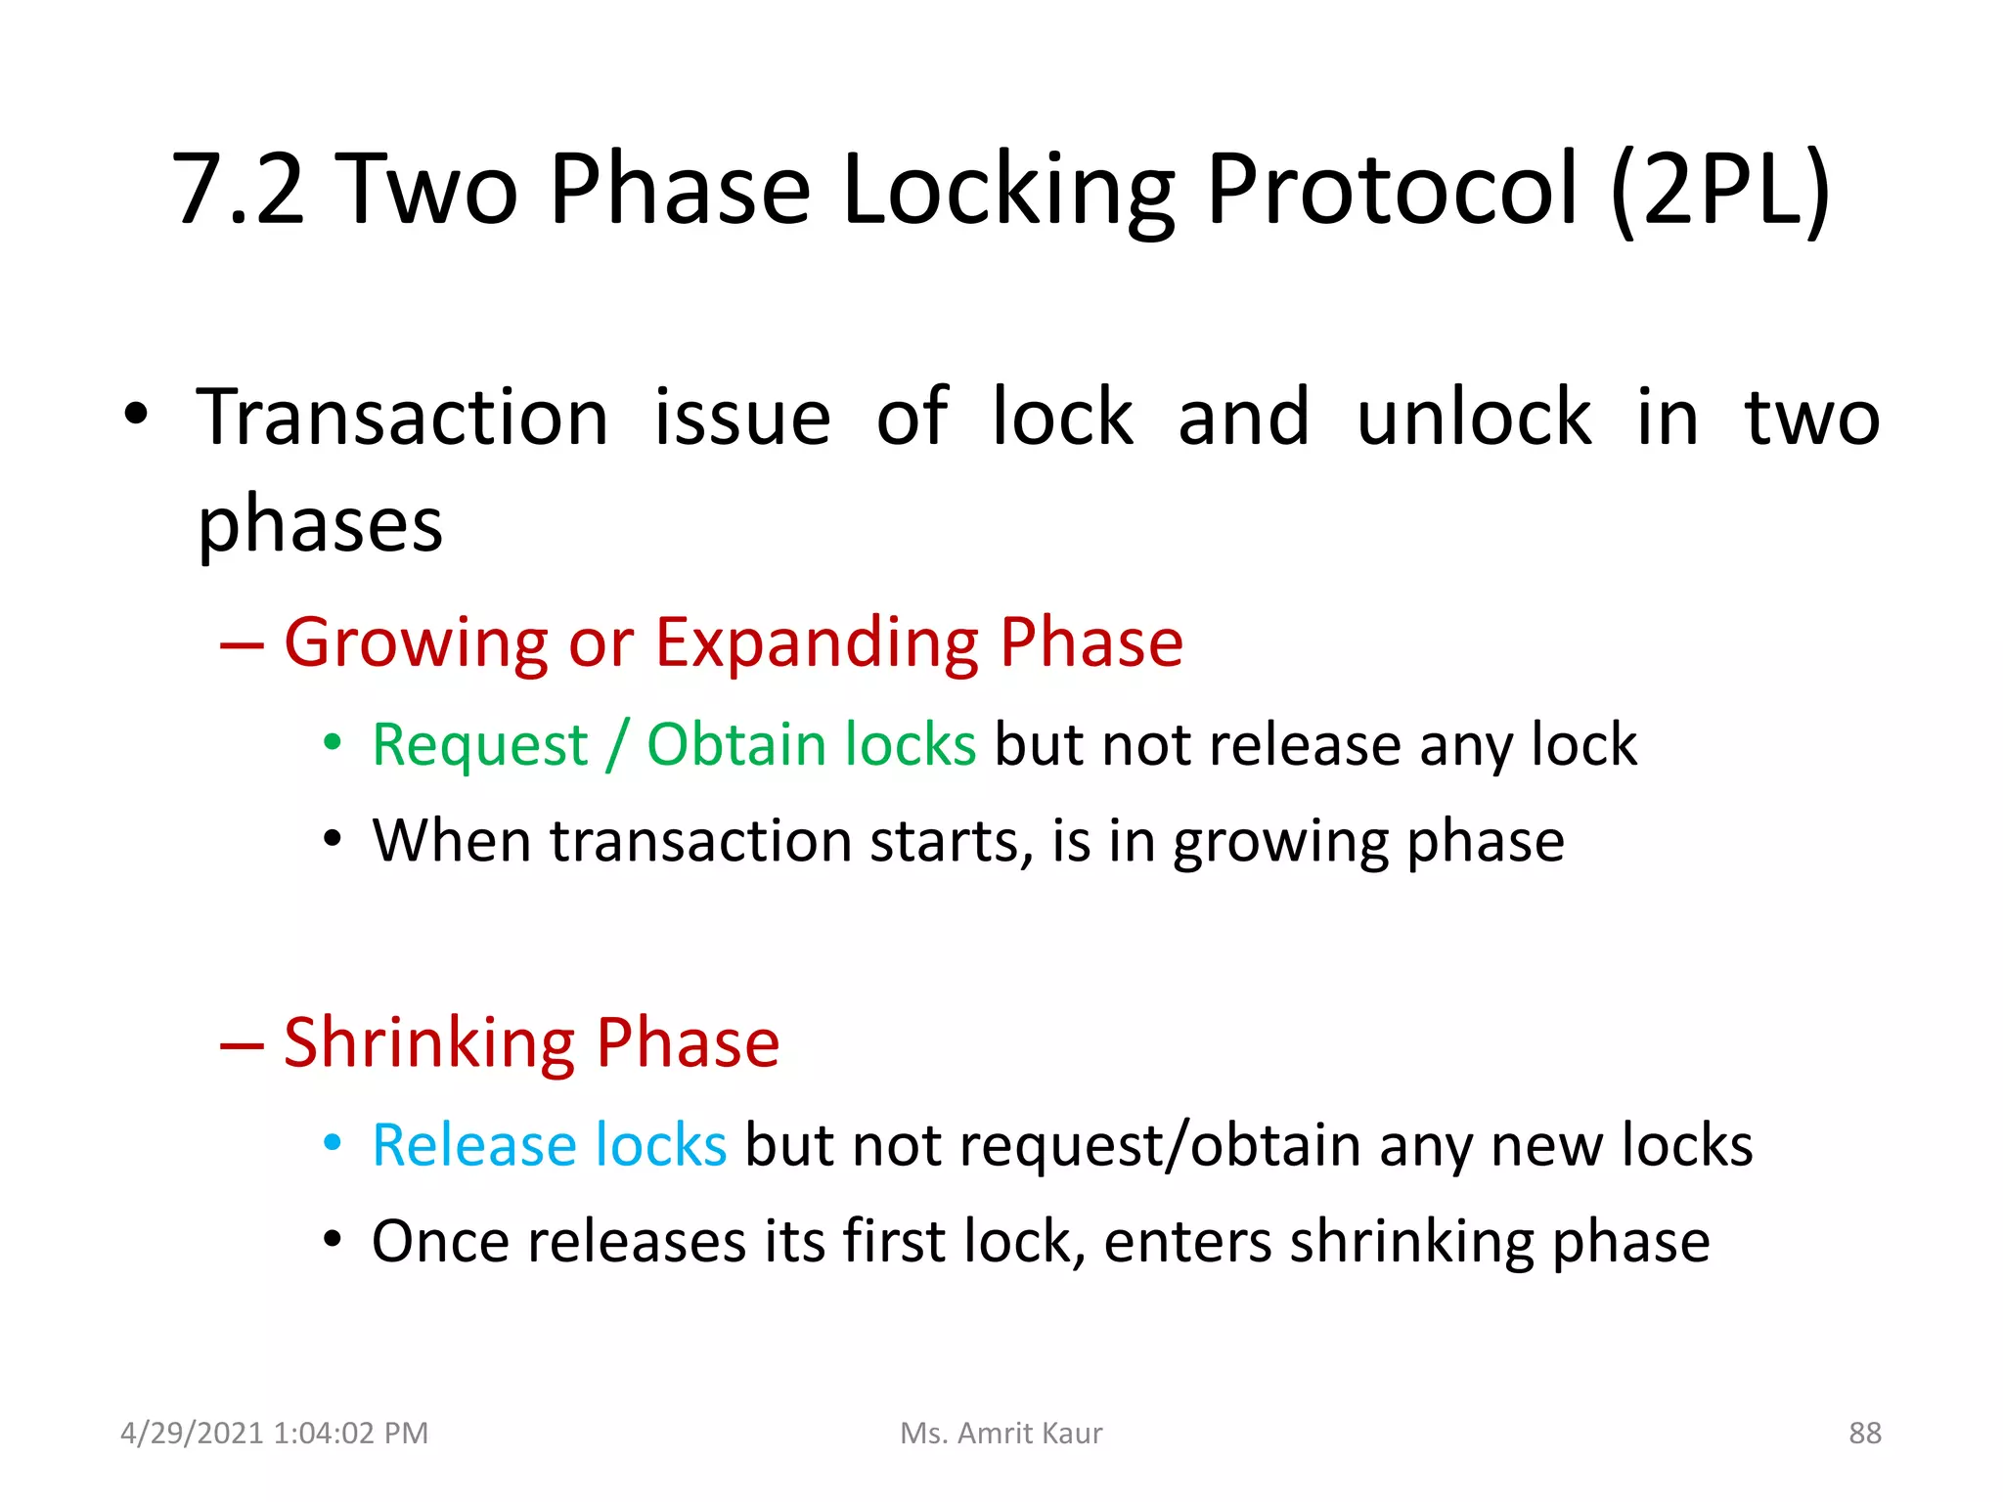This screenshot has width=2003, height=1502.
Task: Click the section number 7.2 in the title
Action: (x=239, y=191)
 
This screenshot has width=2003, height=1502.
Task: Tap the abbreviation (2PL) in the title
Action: (x=1718, y=191)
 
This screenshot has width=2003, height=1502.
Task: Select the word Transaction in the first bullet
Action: (x=402, y=419)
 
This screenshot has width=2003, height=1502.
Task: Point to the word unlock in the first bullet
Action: (x=1474, y=419)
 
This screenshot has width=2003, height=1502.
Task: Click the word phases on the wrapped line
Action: (x=320, y=526)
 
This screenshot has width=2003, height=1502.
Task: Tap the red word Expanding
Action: (x=817, y=645)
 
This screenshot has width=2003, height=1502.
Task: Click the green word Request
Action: (x=480, y=746)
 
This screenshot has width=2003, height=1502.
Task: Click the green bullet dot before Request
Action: (x=333, y=743)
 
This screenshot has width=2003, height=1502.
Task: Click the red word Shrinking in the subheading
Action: (x=429, y=1044)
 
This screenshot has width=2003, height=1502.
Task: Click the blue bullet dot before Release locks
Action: (x=333, y=1142)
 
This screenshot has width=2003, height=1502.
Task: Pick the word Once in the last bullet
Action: (x=440, y=1243)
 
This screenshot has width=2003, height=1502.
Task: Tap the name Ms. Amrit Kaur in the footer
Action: (x=1001, y=1434)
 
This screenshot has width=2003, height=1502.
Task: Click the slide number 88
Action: (x=1864, y=1434)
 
